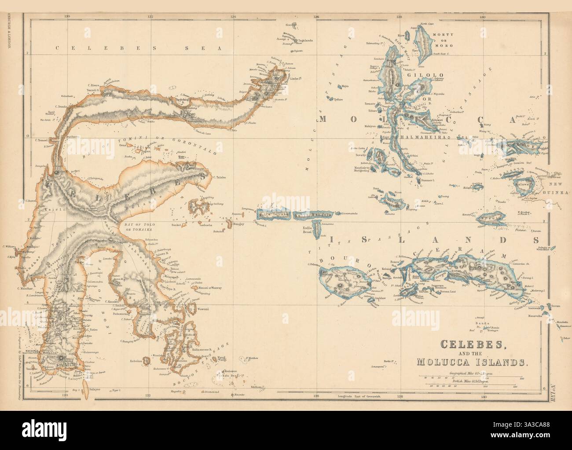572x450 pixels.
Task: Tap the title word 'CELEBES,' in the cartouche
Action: tap(467, 344)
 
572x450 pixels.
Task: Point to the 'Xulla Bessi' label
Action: tap(310, 231)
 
